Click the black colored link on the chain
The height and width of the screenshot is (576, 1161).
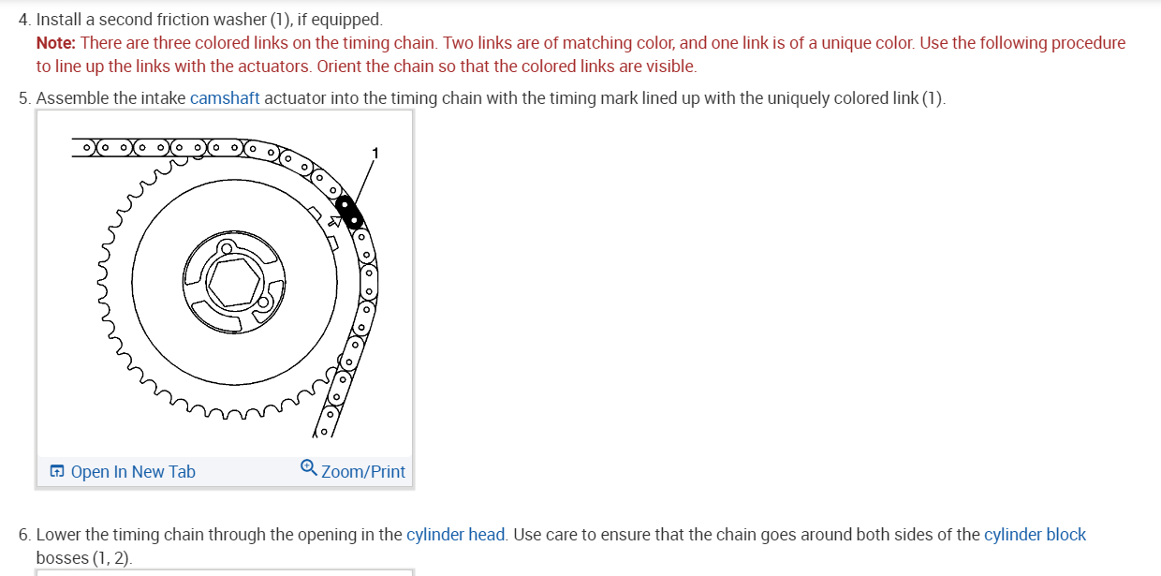pyautogui.click(x=350, y=213)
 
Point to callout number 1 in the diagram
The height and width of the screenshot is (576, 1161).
pyautogui.click(x=375, y=153)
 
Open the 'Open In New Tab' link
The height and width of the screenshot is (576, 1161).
pyautogui.click(x=132, y=471)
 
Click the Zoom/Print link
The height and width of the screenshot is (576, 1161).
pyautogui.click(x=362, y=471)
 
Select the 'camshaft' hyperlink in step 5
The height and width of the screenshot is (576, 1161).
pyautogui.click(x=225, y=98)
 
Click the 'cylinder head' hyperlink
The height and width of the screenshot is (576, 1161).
pyautogui.click(x=456, y=535)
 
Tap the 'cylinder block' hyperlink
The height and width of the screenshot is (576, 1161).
pyautogui.click(x=1035, y=535)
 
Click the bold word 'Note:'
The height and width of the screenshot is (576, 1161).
pyautogui.click(x=56, y=43)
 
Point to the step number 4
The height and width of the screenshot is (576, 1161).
pyautogui.click(x=23, y=20)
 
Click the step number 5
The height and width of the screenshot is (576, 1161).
pyautogui.click(x=23, y=98)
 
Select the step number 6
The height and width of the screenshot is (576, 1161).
pyautogui.click(x=23, y=535)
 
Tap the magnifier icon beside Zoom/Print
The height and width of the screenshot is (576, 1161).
pyautogui.click(x=309, y=469)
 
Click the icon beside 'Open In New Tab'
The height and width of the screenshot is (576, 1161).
pyautogui.click(x=57, y=471)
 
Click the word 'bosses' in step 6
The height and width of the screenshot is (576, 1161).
pyautogui.click(x=62, y=558)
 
